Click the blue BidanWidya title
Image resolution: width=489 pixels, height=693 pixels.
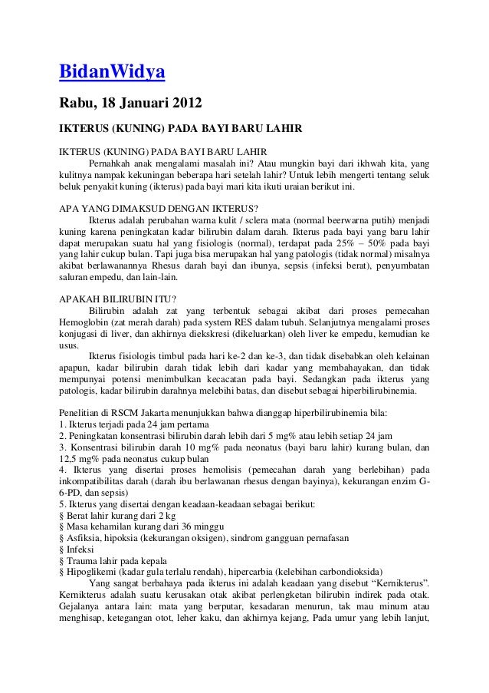coord(112,74)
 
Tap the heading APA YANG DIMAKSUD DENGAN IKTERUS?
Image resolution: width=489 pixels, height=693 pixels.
coord(159,208)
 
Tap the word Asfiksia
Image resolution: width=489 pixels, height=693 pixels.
coord(85,542)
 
